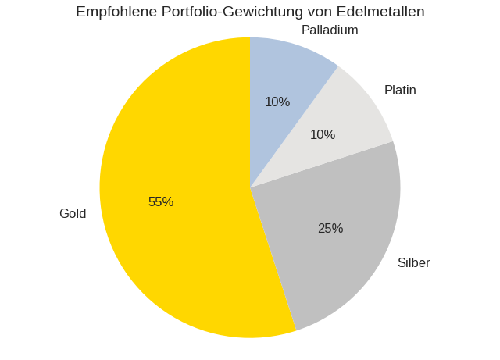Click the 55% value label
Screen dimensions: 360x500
161,202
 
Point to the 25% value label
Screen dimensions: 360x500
330,229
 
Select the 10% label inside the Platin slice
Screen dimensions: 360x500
323,135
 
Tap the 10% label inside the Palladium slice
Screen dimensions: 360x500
277,102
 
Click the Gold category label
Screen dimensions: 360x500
73,214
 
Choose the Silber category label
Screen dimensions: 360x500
413,263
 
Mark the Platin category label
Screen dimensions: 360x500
400,91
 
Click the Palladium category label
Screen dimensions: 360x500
330,30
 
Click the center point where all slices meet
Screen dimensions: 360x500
250,187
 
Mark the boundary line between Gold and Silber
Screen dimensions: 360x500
273,259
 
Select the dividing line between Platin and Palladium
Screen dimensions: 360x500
294,127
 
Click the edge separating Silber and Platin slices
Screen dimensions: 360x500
321,164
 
